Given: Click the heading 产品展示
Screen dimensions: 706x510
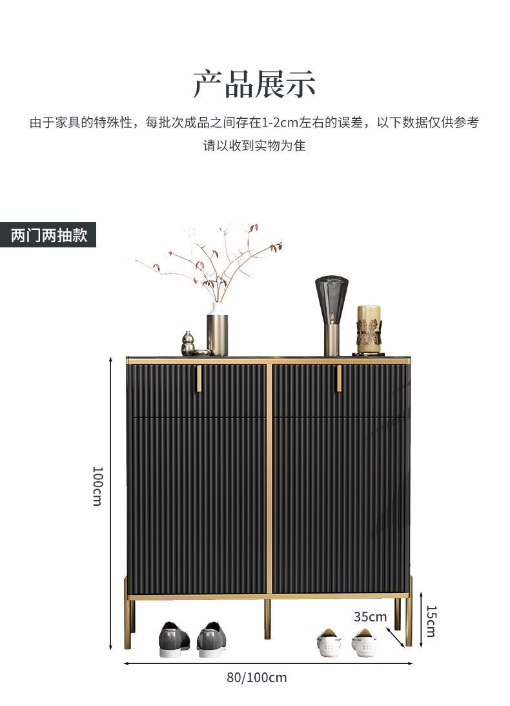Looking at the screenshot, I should click(x=254, y=85).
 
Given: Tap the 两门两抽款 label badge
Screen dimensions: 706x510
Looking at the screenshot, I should click(x=48, y=235).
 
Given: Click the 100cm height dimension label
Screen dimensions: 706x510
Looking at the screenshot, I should click(x=97, y=486).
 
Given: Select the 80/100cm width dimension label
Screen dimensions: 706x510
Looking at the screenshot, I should click(x=256, y=678).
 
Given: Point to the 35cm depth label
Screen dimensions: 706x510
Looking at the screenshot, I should click(x=370, y=617).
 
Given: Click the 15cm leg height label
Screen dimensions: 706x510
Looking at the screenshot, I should click(x=431, y=621).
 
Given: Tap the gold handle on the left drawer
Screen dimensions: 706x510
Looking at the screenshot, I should click(x=199, y=378).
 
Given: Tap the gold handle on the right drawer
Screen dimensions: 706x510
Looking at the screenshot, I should click(x=339, y=378).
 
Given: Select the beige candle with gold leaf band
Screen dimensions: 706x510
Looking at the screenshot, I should click(x=369, y=329).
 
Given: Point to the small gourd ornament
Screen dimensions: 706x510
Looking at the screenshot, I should click(x=188, y=344).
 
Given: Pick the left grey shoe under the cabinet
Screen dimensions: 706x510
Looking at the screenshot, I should click(x=174, y=639).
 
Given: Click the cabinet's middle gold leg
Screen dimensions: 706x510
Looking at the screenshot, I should click(x=267, y=618).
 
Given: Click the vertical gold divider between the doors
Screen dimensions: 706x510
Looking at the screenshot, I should click(x=269, y=478).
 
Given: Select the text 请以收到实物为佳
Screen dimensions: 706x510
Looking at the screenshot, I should click(x=254, y=145).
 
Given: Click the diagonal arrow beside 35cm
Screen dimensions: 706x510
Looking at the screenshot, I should click(x=399, y=637).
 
